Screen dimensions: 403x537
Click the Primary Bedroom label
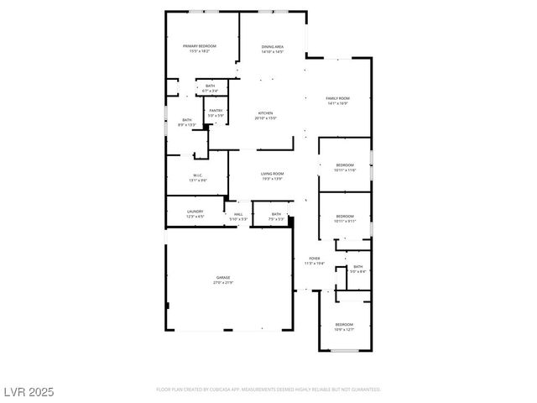200,45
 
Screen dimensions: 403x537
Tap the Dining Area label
273,46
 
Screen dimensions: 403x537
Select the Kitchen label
265,113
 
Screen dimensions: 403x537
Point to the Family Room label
338,98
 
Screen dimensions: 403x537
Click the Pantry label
216,110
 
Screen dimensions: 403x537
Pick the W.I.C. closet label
198,175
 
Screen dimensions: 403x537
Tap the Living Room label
272,173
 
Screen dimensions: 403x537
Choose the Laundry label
196,212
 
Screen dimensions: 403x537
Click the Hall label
238,214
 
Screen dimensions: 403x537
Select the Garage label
223,277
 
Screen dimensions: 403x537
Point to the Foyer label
314,259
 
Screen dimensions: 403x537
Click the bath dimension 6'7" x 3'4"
211,91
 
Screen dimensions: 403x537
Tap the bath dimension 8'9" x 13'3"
187,124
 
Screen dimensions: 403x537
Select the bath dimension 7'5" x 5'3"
277,218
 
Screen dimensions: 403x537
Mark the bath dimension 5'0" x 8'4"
357,271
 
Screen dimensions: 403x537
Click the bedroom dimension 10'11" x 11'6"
345,170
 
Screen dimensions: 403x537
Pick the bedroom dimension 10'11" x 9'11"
345,222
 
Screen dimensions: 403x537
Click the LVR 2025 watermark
29,390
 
